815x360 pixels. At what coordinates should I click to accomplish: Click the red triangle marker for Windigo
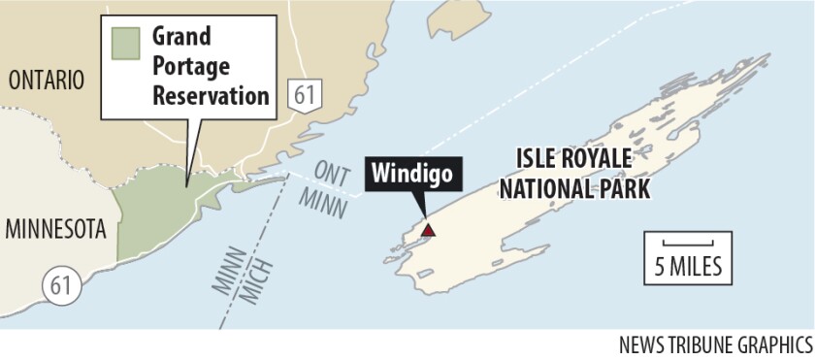(428, 230)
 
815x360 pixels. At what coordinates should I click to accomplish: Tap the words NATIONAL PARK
(574, 186)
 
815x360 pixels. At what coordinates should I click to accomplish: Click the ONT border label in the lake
(335, 171)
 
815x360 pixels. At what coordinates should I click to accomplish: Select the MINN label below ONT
(325, 198)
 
